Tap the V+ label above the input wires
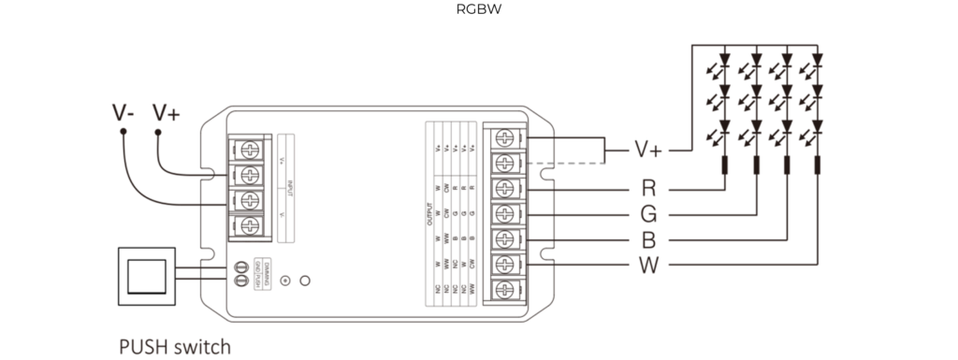click(x=167, y=113)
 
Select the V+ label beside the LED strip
click(x=648, y=150)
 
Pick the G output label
click(x=649, y=214)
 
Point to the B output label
click(x=649, y=240)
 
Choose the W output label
click(x=649, y=266)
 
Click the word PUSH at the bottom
click(x=143, y=348)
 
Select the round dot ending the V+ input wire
click(x=158, y=133)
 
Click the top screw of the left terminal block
click(x=249, y=149)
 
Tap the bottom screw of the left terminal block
click(x=249, y=225)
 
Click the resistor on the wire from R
click(x=725, y=169)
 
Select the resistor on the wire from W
click(x=817, y=169)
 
